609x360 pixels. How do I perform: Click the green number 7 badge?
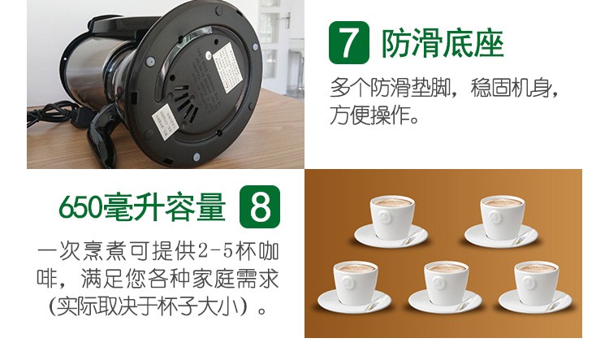(x=349, y=42)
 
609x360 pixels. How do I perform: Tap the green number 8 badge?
(x=260, y=207)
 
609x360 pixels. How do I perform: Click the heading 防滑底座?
(x=443, y=44)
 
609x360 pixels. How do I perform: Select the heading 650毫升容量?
(x=142, y=206)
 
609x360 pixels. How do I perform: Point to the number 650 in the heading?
(x=80, y=207)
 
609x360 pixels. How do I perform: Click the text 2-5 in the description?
(x=215, y=252)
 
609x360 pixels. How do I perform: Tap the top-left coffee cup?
(x=392, y=219)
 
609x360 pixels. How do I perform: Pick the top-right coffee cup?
(x=502, y=219)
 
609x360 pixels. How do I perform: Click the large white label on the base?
(x=227, y=67)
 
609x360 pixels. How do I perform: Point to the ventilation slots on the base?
(x=186, y=102)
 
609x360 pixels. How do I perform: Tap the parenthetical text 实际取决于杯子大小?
(x=152, y=307)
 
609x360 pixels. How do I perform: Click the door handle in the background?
(x=287, y=19)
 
